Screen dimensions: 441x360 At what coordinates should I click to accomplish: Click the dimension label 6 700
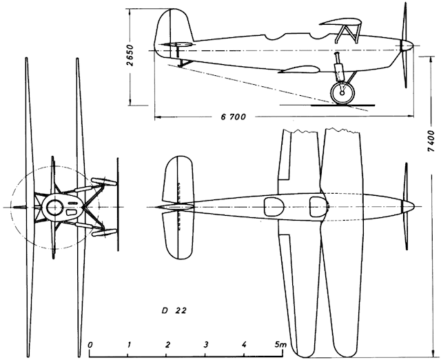point(233,117)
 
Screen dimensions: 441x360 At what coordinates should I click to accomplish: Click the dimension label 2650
point(130,55)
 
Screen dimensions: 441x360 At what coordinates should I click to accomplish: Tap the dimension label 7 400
point(430,141)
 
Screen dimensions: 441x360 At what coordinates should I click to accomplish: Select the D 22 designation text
point(174,311)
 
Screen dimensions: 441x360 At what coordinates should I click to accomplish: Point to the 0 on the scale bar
point(90,345)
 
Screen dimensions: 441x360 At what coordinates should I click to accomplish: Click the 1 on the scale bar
point(129,345)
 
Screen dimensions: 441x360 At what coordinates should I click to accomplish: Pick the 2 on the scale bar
point(167,345)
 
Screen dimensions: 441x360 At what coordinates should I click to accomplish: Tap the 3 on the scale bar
point(206,345)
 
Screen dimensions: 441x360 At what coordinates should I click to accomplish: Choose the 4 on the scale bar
point(245,345)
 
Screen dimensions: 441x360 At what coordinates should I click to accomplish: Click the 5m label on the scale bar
point(281,344)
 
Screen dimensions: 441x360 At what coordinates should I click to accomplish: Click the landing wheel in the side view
point(342,93)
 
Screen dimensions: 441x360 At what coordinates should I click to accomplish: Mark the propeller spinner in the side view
point(407,45)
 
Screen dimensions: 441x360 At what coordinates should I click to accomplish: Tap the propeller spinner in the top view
point(408,207)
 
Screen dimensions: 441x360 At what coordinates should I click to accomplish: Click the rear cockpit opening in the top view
point(274,207)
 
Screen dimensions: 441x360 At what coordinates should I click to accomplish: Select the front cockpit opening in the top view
point(318,207)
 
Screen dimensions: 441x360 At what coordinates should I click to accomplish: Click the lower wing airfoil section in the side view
point(299,69)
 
